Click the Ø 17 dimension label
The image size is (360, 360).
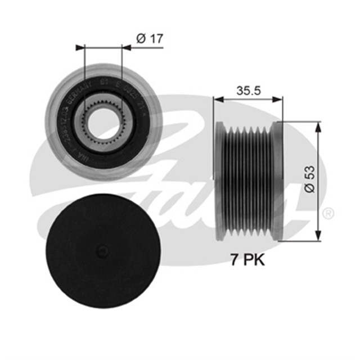pos(148,39)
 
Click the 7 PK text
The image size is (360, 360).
pos(247,260)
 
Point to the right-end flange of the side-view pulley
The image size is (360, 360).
pos(276,179)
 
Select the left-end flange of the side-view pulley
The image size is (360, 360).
pos(219,179)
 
